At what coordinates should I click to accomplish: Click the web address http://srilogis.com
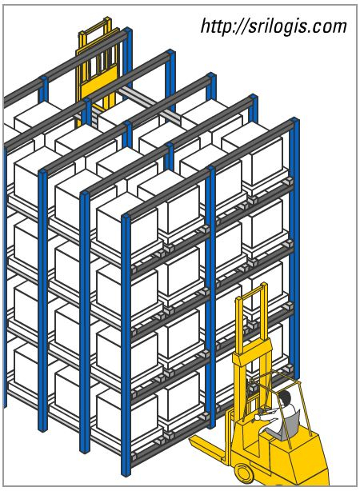coord(274,26)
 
